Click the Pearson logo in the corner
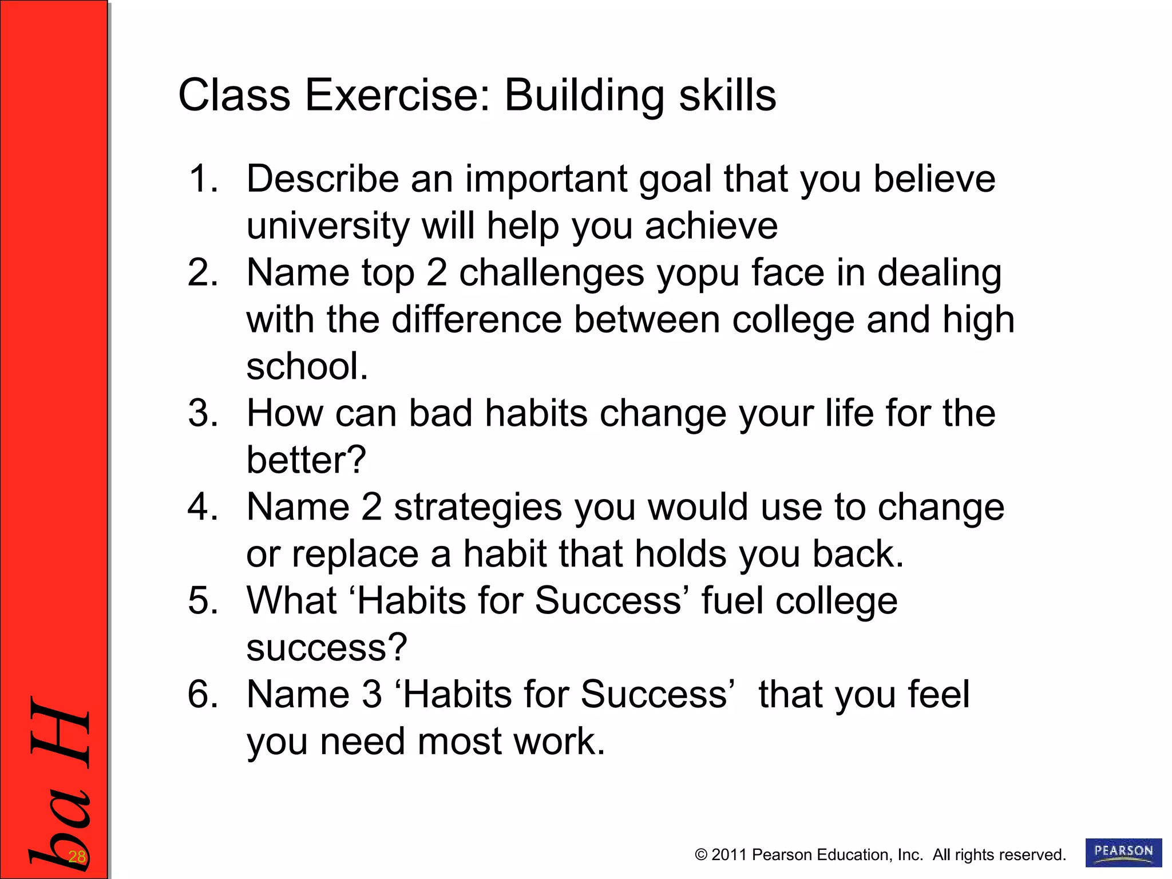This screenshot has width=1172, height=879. [1123, 852]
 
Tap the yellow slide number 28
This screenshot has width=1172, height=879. [77, 857]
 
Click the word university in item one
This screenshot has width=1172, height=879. [328, 226]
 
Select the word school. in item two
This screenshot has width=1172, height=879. [307, 366]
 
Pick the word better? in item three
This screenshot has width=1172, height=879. [306, 460]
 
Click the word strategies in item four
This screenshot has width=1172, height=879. [478, 508]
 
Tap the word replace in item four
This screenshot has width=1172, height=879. [355, 555]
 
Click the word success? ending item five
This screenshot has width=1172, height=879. [327, 648]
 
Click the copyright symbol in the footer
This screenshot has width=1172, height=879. [701, 855]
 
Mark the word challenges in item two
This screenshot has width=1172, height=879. [552, 273]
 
